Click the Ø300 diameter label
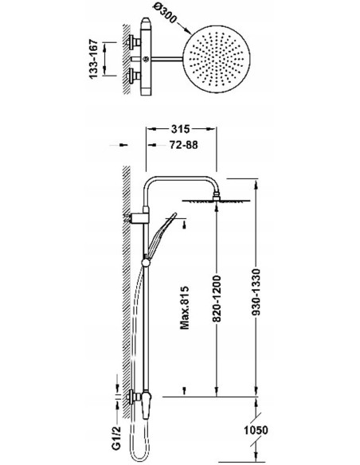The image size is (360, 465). click(166, 14)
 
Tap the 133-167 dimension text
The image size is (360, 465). click(93, 59)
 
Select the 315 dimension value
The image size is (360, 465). click(180, 129)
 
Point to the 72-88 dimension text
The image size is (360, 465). click(183, 145)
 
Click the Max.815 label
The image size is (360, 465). click(185, 308)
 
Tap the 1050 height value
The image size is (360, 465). click(256, 430)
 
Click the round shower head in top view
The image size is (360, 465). click(217, 59)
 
